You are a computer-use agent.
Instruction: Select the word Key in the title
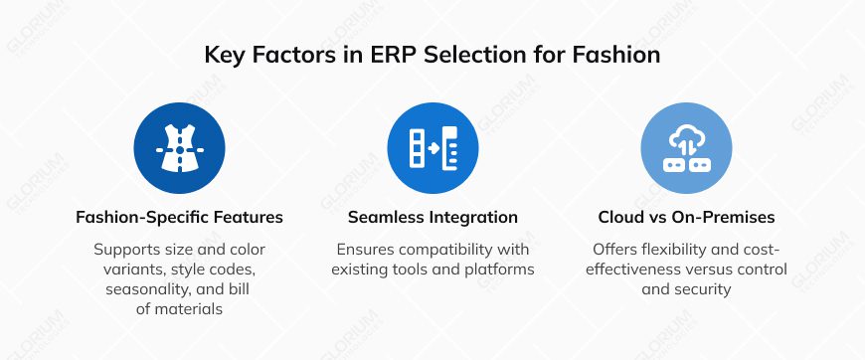tap(226, 55)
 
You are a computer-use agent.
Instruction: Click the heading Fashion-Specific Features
tap(180, 216)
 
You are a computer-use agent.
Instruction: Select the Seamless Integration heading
tap(432, 216)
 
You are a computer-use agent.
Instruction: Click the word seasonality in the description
tap(148, 289)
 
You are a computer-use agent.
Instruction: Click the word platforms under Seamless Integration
tap(502, 269)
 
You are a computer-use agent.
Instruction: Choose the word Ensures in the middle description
tap(367, 249)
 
